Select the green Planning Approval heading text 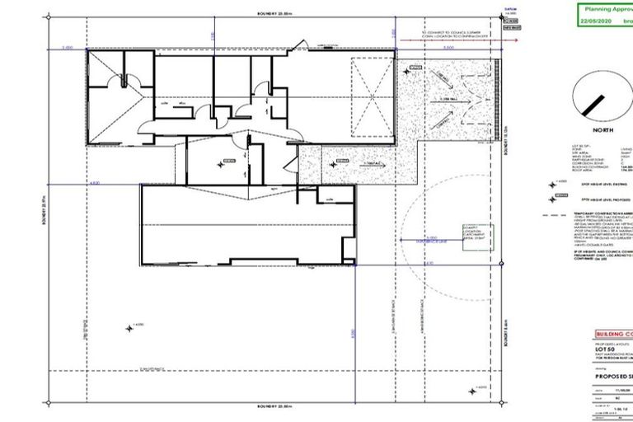(x=601, y=8)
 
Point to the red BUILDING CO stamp (x=611, y=335)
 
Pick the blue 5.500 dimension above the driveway (x=446, y=49)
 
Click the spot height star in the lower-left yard (x=129, y=328)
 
